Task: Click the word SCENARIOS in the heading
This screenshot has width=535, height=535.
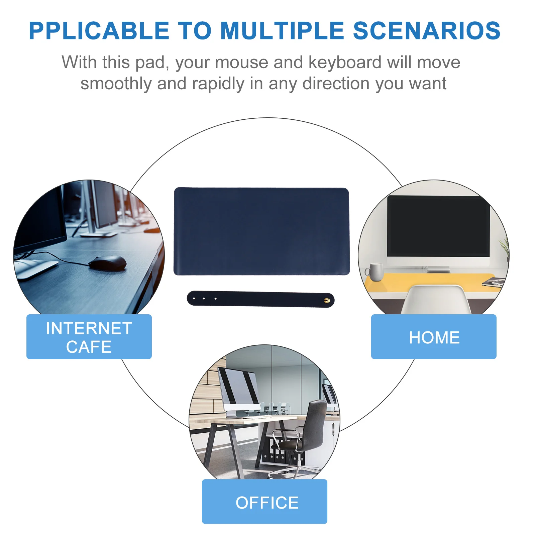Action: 427,31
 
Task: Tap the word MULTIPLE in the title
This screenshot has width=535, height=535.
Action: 282,31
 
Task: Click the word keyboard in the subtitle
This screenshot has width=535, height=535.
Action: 345,63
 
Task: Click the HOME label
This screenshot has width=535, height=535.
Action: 434,337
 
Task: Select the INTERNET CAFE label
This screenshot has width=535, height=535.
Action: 89,337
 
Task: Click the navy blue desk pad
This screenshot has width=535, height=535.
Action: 261,231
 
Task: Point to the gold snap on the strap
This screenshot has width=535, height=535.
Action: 327,300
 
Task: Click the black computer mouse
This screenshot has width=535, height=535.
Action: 108,262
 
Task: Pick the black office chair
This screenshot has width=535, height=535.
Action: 309,431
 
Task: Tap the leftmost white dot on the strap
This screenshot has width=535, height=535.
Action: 194,298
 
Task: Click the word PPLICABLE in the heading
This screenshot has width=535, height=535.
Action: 99,31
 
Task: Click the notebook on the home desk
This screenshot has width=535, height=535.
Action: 493,283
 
